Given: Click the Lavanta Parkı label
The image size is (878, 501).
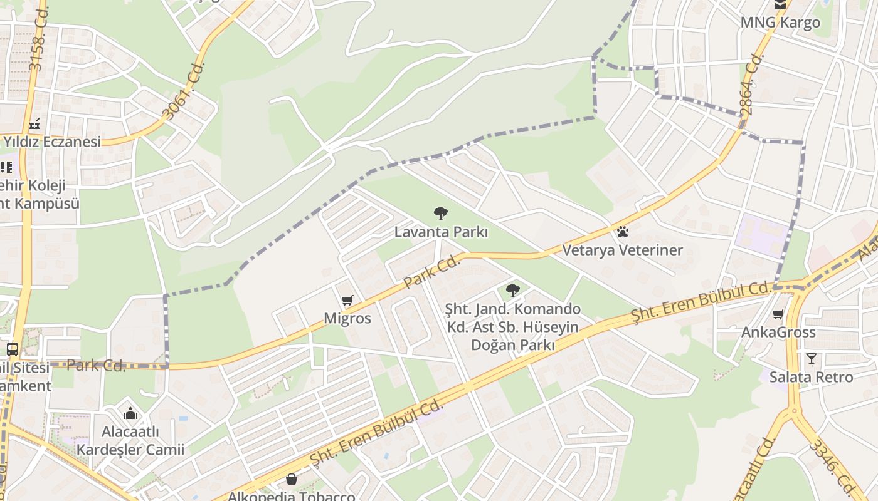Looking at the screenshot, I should coord(441,232).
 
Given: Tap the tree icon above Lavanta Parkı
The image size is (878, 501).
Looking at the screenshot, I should coord(441,214).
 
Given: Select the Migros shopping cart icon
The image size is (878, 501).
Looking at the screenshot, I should coord(347,301).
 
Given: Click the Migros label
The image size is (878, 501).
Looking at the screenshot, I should coord(347,318).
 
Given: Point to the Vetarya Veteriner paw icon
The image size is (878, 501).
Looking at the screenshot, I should coord(622,232).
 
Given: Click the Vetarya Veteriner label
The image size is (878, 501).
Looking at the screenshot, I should coord(622,250).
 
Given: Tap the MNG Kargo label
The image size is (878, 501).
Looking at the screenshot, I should coord(780,23).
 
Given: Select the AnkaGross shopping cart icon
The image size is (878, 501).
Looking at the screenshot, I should coord(778,314).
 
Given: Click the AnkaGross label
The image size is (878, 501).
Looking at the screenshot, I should coord(778,332).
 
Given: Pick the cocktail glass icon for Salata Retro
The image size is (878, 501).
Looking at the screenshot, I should coord(812,359).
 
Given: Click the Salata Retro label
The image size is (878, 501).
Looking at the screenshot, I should coord(812,377).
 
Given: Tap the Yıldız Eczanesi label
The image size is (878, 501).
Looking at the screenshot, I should coord(52,142).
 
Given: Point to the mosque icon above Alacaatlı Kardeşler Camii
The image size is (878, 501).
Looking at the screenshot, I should coord(130,413).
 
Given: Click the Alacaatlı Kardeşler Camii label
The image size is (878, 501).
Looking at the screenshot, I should coord(130,441).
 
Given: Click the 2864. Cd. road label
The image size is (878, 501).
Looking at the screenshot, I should coord(752,84).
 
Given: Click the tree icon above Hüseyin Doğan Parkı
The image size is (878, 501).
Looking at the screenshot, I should coord(513,291).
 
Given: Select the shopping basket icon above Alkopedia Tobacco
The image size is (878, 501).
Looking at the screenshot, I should coord(292,480).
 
